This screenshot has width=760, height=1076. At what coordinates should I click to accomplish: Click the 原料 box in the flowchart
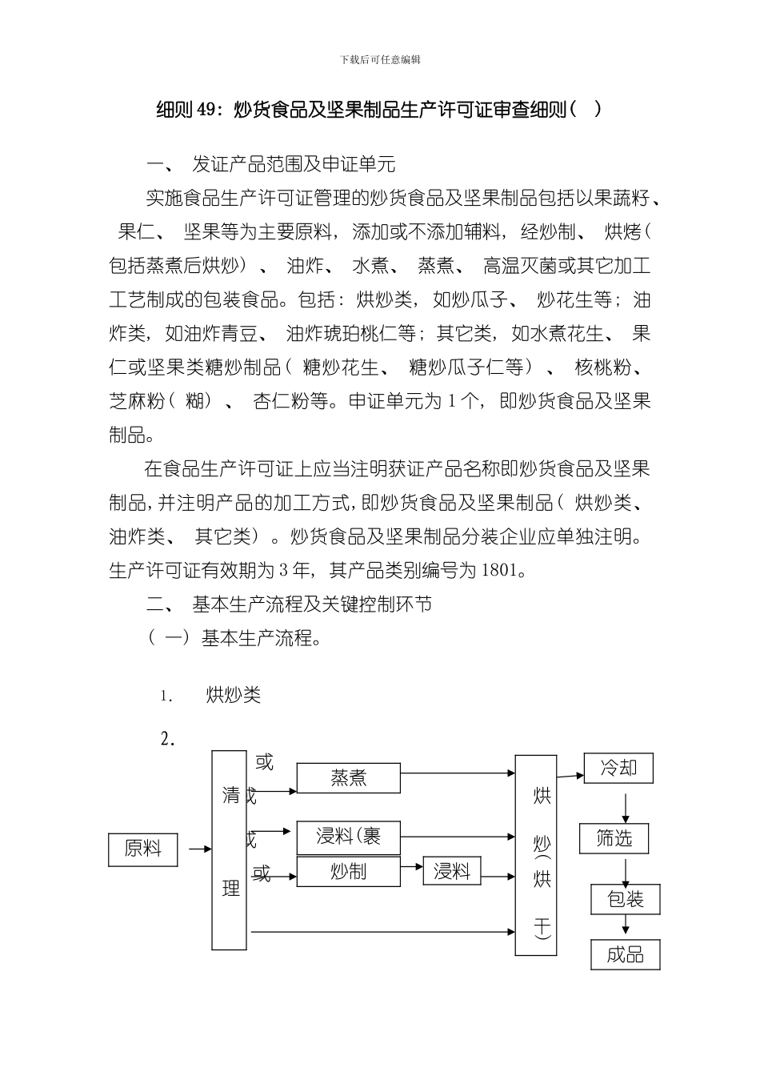pyautogui.click(x=143, y=849)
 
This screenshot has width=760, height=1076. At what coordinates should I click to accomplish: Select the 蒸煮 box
pyautogui.click(x=348, y=777)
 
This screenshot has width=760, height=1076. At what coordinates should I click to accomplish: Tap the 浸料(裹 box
pyautogui.click(x=348, y=837)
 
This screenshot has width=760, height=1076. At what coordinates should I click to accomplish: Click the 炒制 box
pyautogui.click(x=348, y=871)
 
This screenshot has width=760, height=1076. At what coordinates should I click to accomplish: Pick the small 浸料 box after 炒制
pyautogui.click(x=452, y=871)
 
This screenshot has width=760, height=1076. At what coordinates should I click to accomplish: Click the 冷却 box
pyautogui.click(x=618, y=769)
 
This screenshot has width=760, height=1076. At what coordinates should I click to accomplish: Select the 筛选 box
pyautogui.click(x=614, y=838)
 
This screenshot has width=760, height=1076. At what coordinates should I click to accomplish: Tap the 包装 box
pyautogui.click(x=626, y=899)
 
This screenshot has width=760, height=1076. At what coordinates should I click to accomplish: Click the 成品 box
pyautogui.click(x=626, y=954)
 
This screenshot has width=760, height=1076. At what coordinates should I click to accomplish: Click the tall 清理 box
pyautogui.click(x=229, y=849)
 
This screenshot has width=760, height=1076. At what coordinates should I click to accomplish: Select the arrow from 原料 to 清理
pyautogui.click(x=194, y=849)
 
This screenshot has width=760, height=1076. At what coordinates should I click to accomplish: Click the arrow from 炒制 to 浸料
pyautogui.click(x=411, y=866)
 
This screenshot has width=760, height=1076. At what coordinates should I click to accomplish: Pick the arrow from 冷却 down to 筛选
pyautogui.click(x=625, y=803)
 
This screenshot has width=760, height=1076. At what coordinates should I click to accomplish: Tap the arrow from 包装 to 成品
pyautogui.click(x=626, y=926)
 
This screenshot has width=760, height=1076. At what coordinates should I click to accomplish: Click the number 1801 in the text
pyautogui.click(x=501, y=571)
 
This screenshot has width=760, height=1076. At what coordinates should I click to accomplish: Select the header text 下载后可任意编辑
pyautogui.click(x=380, y=59)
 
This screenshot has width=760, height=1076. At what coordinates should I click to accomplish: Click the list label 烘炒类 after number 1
pyautogui.click(x=234, y=695)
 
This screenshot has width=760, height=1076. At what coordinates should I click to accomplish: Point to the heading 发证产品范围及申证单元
pyautogui.click(x=294, y=165)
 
